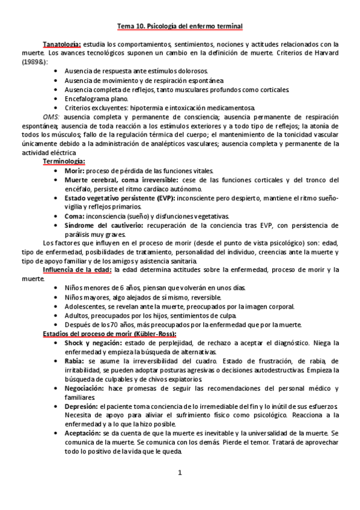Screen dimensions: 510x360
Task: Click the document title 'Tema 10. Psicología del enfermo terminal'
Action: [x=180, y=26]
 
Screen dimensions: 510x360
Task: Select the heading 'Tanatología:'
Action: [x=62, y=45]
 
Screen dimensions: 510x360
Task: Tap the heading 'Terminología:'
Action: [x=64, y=162]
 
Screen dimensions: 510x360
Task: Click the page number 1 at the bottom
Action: [x=180, y=472]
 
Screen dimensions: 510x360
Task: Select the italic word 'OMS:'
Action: [x=52, y=116]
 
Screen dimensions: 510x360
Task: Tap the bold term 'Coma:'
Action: [x=75, y=216]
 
